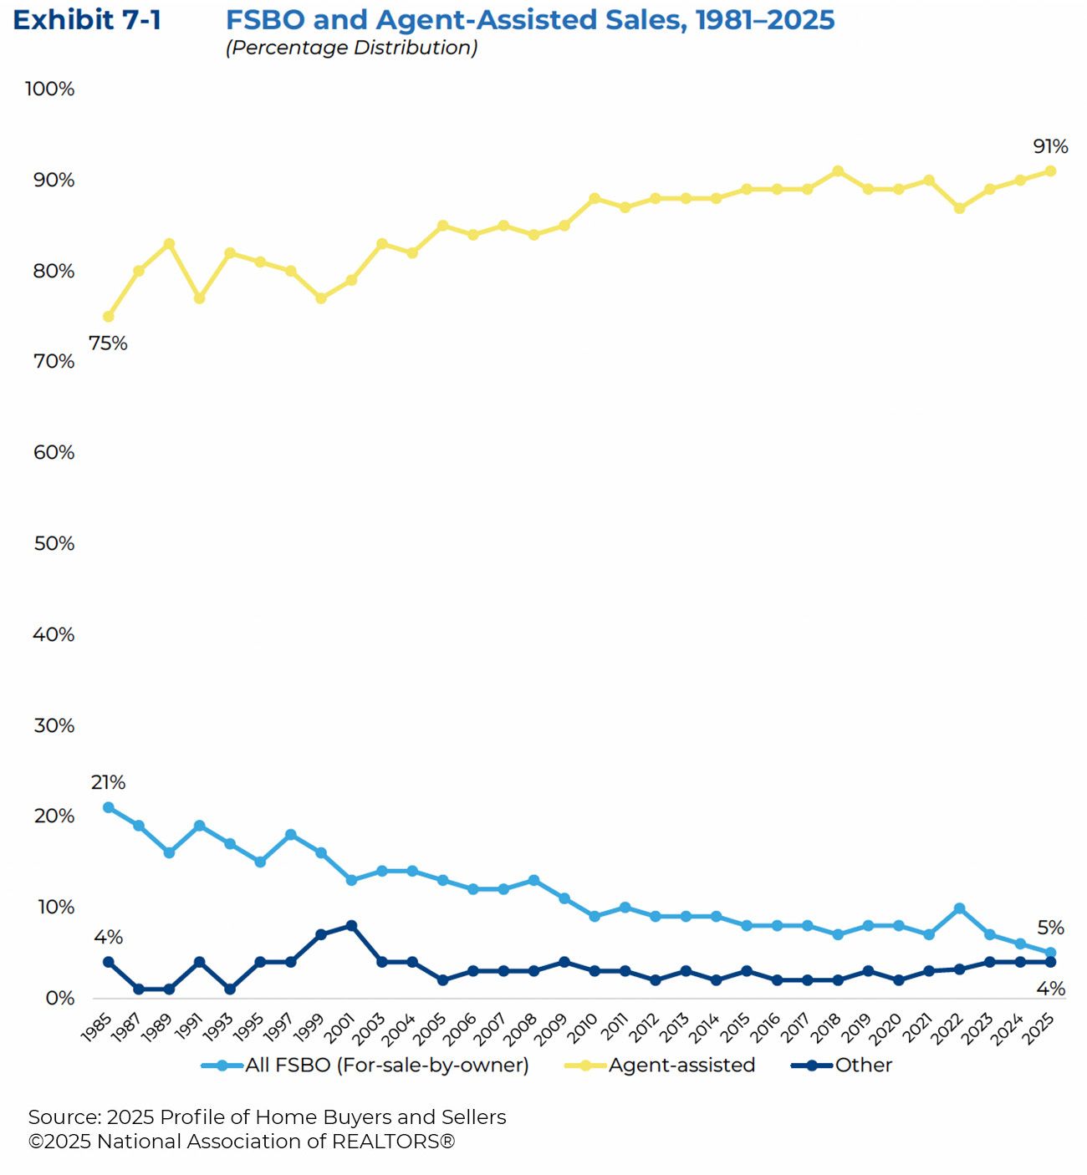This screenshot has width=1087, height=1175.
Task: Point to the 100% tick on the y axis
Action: pyautogui.click(x=49, y=89)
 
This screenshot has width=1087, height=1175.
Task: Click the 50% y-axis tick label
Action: pyautogui.click(x=54, y=543)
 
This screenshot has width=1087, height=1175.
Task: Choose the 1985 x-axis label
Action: pyautogui.click(x=97, y=1027)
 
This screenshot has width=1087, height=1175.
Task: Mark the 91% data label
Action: pyautogui.click(x=1050, y=146)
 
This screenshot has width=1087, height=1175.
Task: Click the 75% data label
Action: pyautogui.click(x=108, y=343)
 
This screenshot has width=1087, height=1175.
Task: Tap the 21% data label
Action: pyautogui.click(x=108, y=782)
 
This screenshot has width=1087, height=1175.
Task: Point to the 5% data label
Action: pyautogui.click(x=1050, y=928)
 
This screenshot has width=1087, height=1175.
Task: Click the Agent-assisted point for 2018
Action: pyautogui.click(x=838, y=171)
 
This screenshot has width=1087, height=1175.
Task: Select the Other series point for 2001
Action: pyautogui.click(x=351, y=926)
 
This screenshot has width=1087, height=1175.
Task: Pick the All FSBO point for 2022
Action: pyautogui.click(x=959, y=908)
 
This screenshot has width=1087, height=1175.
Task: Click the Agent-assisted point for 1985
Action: pyautogui.click(x=108, y=317)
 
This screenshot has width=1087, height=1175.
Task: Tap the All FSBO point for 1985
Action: pyautogui.click(x=108, y=807)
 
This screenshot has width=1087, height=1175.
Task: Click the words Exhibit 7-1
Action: pyautogui.click(x=87, y=20)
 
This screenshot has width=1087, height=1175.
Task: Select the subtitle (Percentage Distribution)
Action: pyautogui.click(x=351, y=48)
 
